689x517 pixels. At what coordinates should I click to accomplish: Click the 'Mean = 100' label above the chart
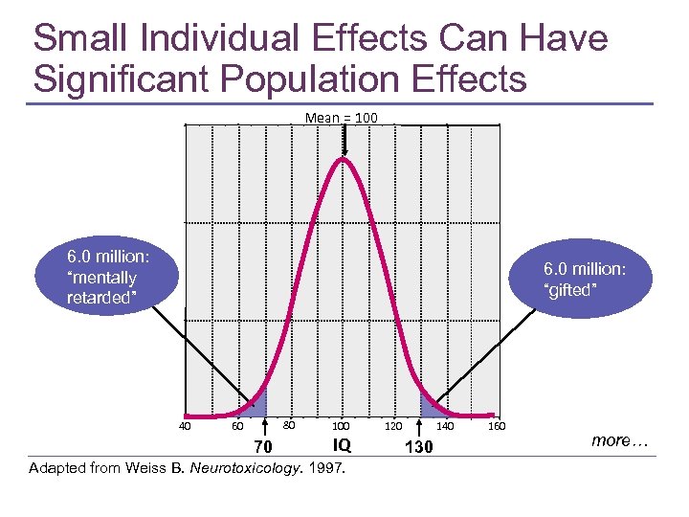coord(342,118)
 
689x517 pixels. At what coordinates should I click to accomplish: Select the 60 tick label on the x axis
coord(237,426)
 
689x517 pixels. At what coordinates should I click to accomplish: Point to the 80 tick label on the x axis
coord(288,425)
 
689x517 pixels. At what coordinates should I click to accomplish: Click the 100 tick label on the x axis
coord(341,426)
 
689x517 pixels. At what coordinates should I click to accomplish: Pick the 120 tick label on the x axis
coord(393,426)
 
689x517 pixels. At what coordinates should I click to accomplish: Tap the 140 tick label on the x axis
coord(445,426)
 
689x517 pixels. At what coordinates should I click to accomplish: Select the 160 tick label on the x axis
coord(497,426)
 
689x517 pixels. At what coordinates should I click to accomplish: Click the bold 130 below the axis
coord(419,447)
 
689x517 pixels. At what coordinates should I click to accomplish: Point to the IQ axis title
coord(342,445)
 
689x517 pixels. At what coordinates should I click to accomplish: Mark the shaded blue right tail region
coord(426,405)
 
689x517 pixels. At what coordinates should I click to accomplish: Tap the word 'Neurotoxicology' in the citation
coord(242,469)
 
